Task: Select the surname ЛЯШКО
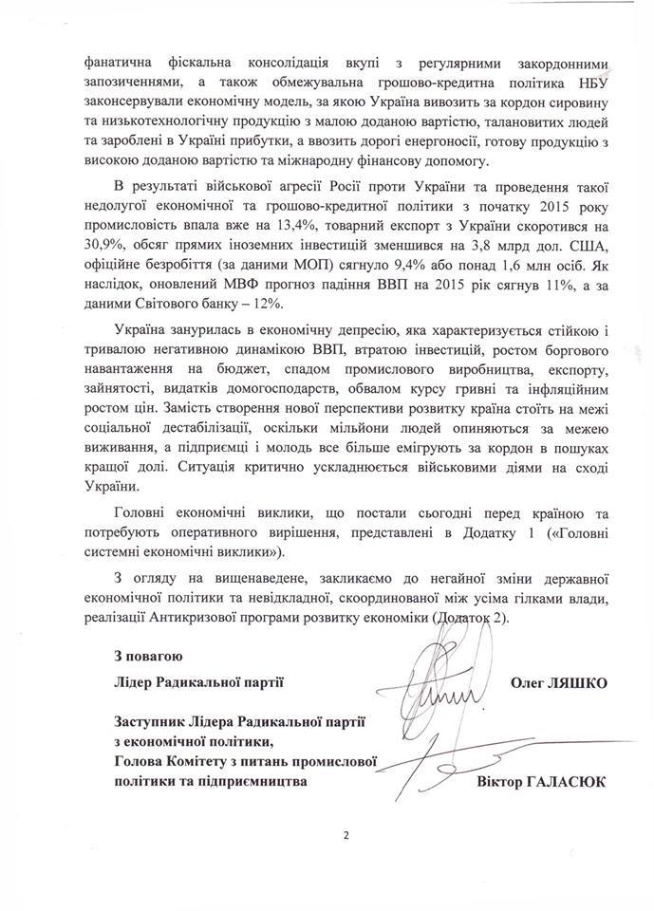[x=579, y=682]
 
